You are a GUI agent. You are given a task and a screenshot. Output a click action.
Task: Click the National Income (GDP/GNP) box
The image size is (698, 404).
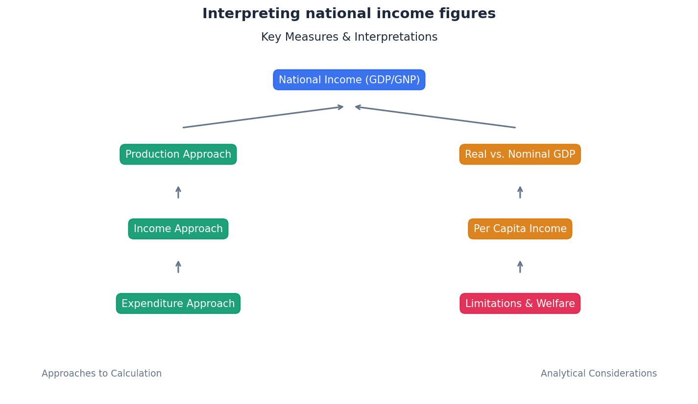coord(349,80)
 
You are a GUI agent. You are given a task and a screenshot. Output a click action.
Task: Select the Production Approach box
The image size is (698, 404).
coord(178,154)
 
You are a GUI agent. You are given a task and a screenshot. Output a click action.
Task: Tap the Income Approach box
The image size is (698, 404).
coord(178,229)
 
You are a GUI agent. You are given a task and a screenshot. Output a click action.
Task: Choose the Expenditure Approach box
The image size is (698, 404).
coord(178,304)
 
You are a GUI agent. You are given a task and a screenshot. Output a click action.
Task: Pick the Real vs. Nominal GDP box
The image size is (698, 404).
coord(520,154)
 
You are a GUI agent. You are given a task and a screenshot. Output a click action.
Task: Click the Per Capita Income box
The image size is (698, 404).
coord(520,229)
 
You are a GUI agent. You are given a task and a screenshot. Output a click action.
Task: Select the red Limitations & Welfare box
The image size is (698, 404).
coord(520,304)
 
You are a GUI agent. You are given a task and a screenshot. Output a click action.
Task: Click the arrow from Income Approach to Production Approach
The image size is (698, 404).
coord(178,192)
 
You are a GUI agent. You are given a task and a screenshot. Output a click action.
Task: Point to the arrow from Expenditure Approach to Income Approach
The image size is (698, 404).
coord(178,266)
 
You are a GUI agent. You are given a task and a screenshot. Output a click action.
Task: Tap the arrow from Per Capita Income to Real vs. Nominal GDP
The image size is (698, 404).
coord(520,192)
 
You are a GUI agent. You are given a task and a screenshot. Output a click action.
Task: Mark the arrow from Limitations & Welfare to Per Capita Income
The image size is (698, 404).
coord(520,266)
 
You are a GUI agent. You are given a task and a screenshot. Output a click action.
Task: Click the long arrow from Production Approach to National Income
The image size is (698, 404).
coord(263,117)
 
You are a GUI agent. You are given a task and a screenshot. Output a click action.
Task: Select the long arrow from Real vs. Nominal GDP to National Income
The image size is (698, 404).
coord(435,117)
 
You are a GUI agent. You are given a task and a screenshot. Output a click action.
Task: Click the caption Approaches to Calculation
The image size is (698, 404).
coord(101,374)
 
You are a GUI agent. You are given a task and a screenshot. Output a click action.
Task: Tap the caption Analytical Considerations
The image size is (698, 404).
coord(599,374)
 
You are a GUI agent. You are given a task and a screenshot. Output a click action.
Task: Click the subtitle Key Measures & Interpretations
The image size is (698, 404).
coord(349,37)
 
